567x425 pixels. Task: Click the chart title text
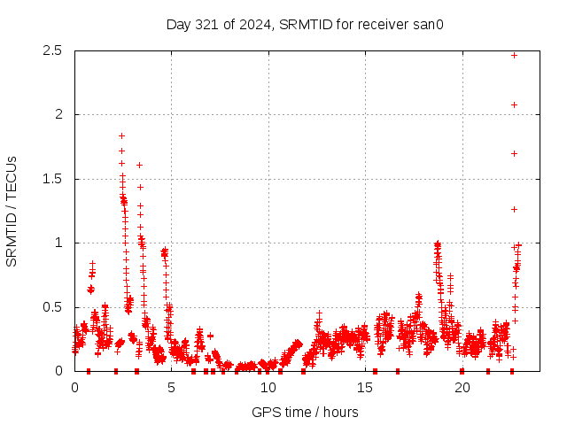pos(304,24)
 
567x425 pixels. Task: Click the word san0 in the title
pos(426,24)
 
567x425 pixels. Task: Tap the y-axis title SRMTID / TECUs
pos(12,211)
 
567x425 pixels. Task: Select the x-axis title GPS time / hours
pos(305,412)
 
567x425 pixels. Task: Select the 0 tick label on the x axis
pos(74,387)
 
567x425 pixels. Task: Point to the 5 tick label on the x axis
pos(172,387)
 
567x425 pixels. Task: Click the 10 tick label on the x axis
pos(268,387)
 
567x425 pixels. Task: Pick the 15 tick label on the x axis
pos(365,387)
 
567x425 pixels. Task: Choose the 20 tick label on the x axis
pos(462,387)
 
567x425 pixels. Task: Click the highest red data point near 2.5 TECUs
pos(514,55)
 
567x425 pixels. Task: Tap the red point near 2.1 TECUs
pos(514,104)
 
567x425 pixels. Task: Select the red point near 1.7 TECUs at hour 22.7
pos(514,153)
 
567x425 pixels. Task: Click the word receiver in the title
pos(383,24)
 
